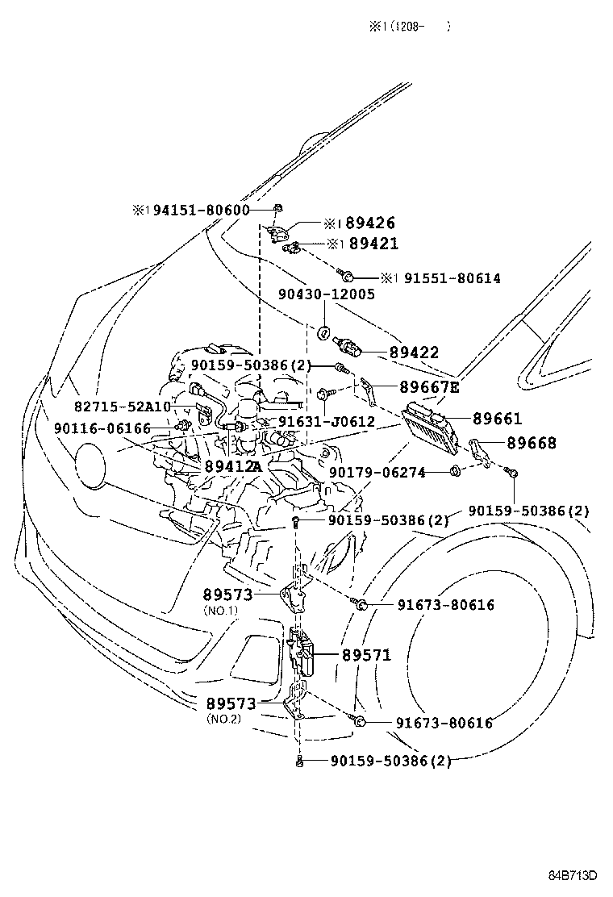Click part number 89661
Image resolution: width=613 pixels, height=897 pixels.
[497, 419]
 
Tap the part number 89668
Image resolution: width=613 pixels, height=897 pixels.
[532, 443]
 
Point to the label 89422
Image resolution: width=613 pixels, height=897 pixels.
[414, 353]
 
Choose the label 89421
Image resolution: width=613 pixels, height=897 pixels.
[373, 243]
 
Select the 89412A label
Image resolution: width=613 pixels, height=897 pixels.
[233, 466]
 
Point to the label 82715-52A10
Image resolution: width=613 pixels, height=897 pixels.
[123, 407]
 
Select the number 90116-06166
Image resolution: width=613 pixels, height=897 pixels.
[102, 428]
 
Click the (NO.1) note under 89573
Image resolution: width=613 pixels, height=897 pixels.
[220, 611]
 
